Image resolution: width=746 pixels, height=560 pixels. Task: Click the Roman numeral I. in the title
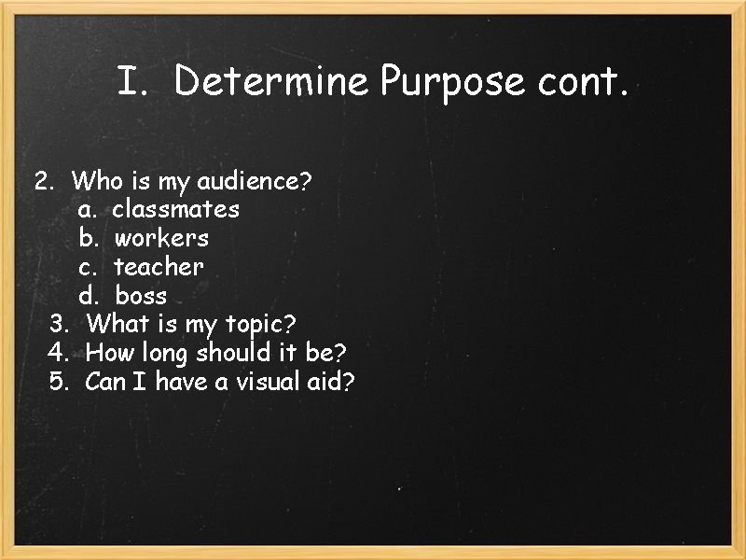133,82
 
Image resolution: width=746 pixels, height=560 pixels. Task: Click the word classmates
175,209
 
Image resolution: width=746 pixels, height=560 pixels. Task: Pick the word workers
161,238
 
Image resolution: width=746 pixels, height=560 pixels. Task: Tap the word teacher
158,267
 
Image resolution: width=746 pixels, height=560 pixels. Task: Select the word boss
141,296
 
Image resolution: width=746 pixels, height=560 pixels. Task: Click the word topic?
260,326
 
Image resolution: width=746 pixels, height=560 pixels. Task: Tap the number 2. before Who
45,180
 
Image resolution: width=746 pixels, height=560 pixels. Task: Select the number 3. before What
60,325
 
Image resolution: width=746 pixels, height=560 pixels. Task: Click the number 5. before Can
60,382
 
